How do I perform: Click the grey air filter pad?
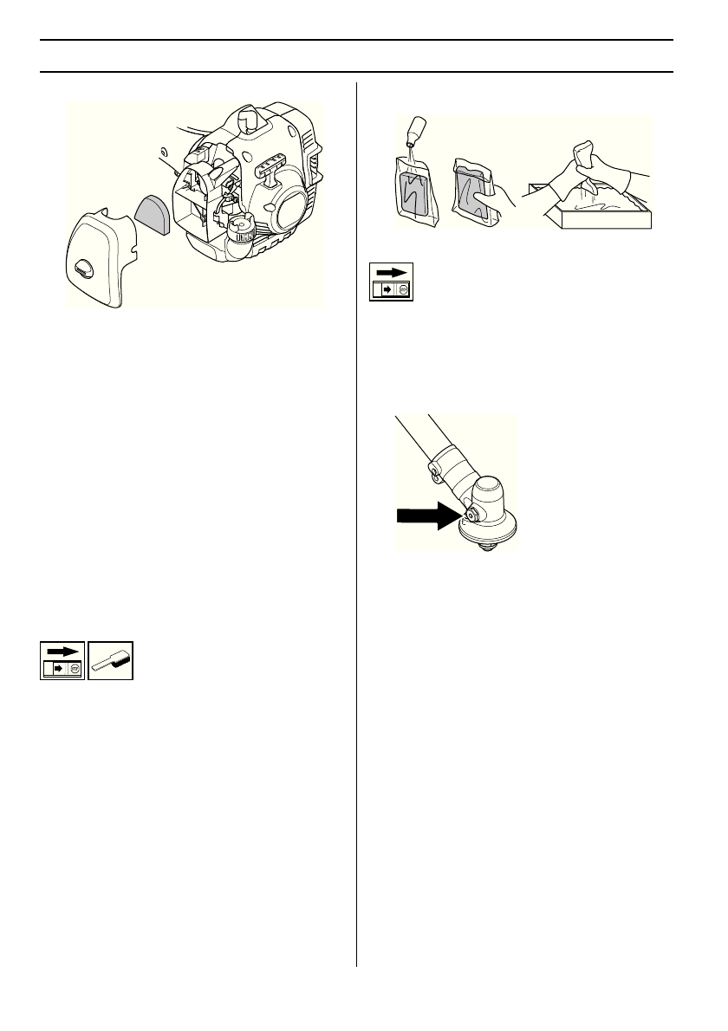pyautogui.click(x=155, y=214)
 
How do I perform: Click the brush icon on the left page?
pyautogui.click(x=112, y=661)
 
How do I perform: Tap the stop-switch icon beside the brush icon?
pyautogui.click(x=62, y=661)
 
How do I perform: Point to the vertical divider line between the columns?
pyautogui.click(x=356, y=520)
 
